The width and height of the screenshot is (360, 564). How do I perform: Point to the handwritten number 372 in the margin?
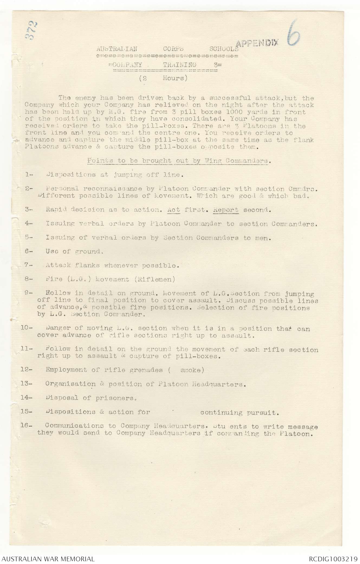click(33, 31)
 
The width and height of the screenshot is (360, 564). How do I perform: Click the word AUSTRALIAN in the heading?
click(116, 49)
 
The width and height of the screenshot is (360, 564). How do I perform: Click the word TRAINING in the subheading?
click(180, 65)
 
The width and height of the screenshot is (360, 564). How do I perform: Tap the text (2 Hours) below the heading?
click(163, 78)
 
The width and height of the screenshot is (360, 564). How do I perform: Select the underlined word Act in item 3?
click(174, 210)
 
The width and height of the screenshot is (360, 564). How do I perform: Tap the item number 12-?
click(27, 370)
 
